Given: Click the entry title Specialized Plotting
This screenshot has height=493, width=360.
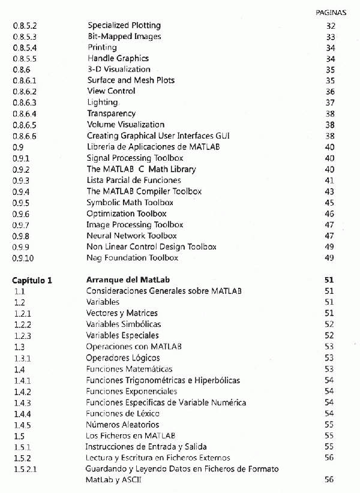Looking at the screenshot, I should (x=124, y=26).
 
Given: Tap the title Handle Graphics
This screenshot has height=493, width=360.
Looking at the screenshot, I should (x=118, y=59).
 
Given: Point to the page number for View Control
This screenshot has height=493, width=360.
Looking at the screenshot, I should (x=329, y=92).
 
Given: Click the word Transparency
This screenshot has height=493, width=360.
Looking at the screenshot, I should (x=112, y=113).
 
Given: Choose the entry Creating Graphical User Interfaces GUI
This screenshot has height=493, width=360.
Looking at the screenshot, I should (x=158, y=136).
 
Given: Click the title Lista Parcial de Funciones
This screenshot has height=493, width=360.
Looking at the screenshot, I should (x=134, y=180).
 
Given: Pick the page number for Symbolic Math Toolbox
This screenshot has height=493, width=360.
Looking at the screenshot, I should (x=329, y=202).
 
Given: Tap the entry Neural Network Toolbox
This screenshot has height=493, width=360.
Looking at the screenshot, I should (x=131, y=236).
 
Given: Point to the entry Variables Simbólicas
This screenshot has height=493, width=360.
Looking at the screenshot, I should (x=124, y=324).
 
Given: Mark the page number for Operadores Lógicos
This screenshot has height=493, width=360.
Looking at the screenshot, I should (x=329, y=358).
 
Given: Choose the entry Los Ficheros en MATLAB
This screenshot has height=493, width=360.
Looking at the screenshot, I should (x=129, y=435).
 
